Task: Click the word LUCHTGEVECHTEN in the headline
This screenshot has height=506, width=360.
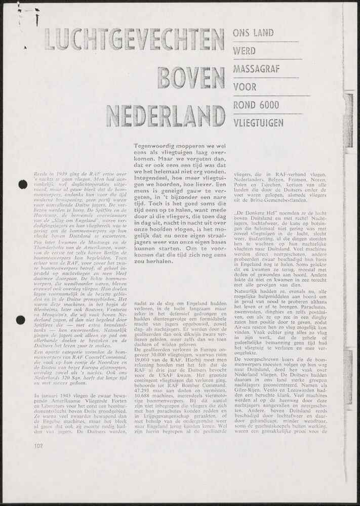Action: tap(134, 39)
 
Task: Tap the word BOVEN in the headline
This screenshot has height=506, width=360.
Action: tap(191, 76)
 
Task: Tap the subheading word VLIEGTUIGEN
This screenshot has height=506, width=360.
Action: tap(259, 122)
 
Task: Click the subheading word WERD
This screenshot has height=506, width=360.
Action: tap(244, 51)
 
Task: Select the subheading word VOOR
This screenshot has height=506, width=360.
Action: tap(245, 87)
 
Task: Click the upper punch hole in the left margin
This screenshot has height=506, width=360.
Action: tap(23, 185)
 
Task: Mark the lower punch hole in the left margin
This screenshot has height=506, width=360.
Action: tap(21, 320)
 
